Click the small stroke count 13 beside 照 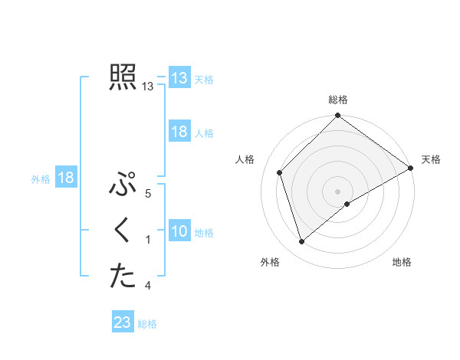coord(148,87)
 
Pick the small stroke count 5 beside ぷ coord(148,195)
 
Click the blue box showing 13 coord(179,78)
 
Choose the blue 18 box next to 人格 coord(179,132)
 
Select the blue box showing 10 coord(179,231)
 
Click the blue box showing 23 coord(123,322)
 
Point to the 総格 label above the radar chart coord(338,100)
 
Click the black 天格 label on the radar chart coord(431,159)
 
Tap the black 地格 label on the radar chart coord(402,262)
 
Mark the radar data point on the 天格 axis coord(411,169)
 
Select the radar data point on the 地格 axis coord(347,204)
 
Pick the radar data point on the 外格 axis coord(302,242)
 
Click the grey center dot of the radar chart coord(338,191)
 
